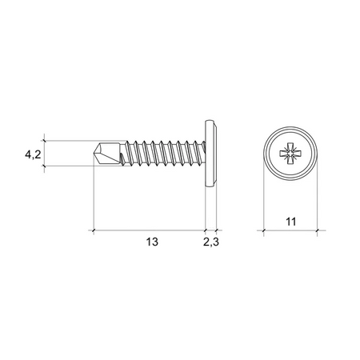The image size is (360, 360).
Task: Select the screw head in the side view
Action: click(211, 152)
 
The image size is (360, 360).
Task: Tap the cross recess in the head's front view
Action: click(290, 153)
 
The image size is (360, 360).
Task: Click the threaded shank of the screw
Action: click(160, 152)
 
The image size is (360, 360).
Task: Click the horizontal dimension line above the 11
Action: click(290, 230)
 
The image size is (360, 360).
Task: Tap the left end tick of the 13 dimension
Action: click(94, 230)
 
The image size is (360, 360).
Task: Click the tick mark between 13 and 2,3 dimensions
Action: click(206, 230)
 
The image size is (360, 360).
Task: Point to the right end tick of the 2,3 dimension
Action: click(217, 230)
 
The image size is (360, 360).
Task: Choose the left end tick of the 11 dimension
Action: click(261, 230)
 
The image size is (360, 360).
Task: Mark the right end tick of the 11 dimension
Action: click(319, 230)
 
